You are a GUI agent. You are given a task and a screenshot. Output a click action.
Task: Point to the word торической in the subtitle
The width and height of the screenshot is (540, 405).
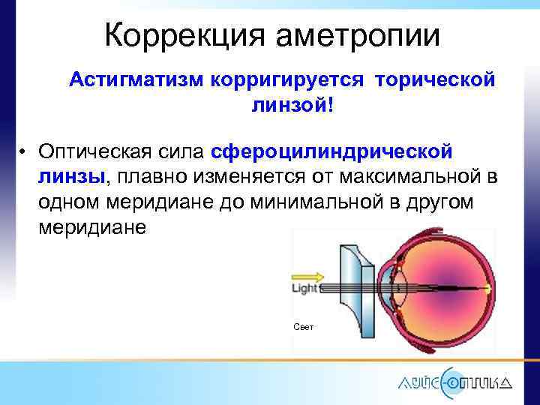(x=434, y=79)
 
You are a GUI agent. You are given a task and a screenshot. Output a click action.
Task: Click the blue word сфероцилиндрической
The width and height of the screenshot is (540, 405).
(x=332, y=152)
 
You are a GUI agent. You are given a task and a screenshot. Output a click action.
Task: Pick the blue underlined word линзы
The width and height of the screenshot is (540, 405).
(x=73, y=178)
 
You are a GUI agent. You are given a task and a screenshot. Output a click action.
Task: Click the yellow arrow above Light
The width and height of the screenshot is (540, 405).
(x=307, y=276)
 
